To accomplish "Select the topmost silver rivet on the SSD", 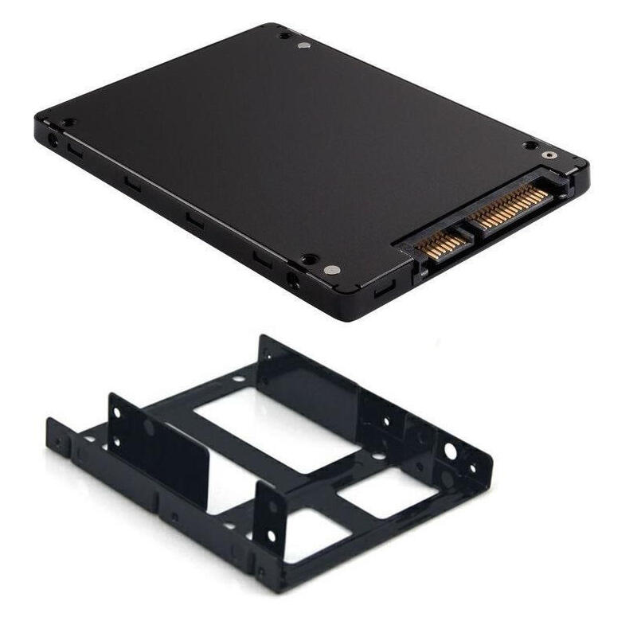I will coord(302,47).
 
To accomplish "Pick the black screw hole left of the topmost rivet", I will coord(283,36).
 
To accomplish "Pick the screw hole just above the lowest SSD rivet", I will coord(307,259).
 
